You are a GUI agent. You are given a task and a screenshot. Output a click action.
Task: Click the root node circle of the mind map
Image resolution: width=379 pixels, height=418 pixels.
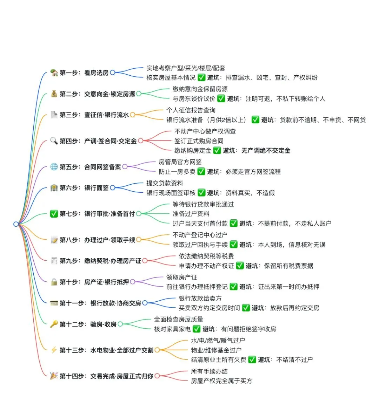(x=16, y=224)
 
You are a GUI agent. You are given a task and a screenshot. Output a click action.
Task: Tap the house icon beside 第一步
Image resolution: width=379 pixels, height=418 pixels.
(x=54, y=73)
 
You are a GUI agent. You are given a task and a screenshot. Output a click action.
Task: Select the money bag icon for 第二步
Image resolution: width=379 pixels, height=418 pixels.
(x=54, y=94)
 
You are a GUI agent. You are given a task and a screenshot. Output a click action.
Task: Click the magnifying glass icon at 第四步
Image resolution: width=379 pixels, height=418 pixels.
(x=54, y=141)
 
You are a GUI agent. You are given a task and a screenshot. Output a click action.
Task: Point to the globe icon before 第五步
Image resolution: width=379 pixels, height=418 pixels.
(x=54, y=167)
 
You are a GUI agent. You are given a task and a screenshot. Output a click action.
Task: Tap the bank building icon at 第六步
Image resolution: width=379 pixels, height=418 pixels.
(x=54, y=188)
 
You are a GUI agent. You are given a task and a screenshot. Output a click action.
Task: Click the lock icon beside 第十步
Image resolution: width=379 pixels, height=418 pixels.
(x=54, y=282)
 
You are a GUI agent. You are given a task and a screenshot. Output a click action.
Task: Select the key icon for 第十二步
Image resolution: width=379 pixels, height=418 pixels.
(x=54, y=324)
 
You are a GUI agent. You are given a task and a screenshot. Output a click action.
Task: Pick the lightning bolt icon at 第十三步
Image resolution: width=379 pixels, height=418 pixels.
(x=54, y=350)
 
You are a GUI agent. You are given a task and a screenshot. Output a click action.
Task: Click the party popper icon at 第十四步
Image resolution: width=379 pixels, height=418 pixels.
(x=54, y=376)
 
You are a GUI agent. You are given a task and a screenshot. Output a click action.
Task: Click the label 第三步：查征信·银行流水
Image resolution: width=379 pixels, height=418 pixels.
(x=94, y=115)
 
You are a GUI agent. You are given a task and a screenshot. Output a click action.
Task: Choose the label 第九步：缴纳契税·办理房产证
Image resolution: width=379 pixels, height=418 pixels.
(x=100, y=261)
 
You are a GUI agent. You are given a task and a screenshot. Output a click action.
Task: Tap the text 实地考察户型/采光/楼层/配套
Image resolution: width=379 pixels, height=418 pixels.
(x=186, y=68)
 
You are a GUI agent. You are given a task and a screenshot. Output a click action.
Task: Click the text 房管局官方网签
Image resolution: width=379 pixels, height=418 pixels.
(x=180, y=162)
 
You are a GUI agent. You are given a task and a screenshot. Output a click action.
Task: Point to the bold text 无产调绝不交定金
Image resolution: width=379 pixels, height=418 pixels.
(x=266, y=151)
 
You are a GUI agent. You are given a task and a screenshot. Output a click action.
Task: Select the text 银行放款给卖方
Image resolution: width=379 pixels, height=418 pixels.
(x=200, y=299)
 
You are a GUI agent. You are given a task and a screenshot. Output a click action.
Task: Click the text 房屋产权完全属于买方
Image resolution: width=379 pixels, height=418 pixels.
(x=221, y=381)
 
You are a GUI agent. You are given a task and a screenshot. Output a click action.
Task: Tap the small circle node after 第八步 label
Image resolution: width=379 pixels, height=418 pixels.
(x=139, y=240)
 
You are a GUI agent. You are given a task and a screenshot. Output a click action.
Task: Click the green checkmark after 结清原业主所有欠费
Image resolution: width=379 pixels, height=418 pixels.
(x=252, y=359)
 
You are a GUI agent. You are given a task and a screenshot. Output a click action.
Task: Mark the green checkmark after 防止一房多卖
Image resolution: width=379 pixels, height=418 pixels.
(x=201, y=172)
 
